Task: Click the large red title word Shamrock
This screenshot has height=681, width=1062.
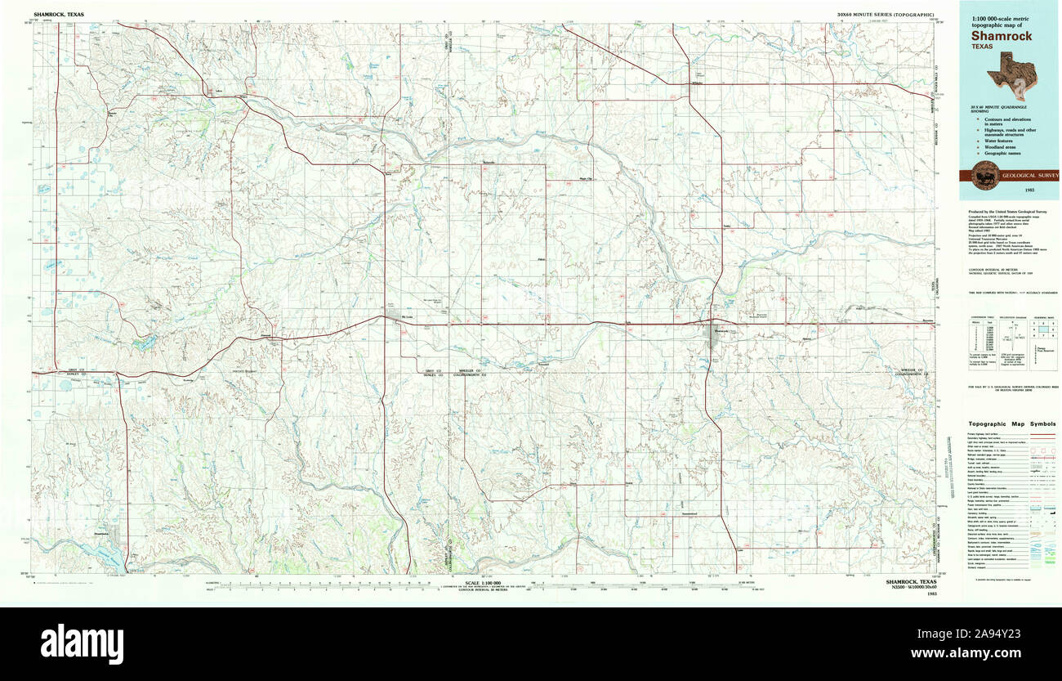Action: (1002, 36)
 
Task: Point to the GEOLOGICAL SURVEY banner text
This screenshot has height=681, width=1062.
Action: (1031, 175)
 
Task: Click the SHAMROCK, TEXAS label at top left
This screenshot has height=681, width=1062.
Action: (59, 15)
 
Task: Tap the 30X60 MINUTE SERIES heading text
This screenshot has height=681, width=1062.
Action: (886, 15)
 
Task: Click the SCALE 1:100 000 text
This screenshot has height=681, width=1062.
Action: (484, 583)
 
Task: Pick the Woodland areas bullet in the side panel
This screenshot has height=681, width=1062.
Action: (999, 147)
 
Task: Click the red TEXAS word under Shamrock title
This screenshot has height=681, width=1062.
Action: (984, 47)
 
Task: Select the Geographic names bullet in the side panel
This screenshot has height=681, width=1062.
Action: (1001, 153)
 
